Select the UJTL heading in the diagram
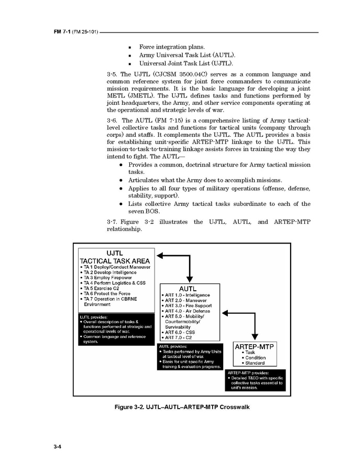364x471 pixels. [x=115, y=252]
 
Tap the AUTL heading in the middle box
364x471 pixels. [x=187, y=288]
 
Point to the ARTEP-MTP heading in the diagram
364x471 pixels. [x=255, y=346]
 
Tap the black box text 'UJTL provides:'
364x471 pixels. [x=94, y=316]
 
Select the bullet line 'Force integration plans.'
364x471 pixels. [x=172, y=47]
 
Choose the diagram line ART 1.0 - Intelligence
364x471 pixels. [x=188, y=295]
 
